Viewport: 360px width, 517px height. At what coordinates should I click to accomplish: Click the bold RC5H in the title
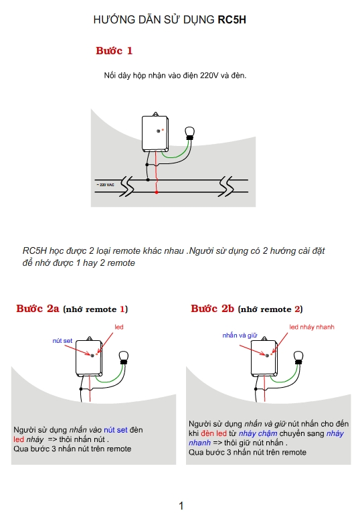(232, 20)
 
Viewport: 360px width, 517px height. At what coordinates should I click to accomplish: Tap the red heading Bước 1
(114, 51)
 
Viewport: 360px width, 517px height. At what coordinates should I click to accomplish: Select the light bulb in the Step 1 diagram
(190, 133)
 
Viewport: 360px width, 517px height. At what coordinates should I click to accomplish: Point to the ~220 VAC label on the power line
(106, 185)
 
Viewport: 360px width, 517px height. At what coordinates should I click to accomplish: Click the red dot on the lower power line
(157, 192)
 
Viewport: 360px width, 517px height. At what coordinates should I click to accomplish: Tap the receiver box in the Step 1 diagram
(155, 132)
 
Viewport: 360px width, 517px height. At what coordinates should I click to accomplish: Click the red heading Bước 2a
(37, 309)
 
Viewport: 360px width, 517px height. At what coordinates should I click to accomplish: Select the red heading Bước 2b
(212, 309)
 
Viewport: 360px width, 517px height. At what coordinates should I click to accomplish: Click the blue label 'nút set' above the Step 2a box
(62, 341)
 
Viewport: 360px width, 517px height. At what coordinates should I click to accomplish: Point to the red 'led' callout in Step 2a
(119, 327)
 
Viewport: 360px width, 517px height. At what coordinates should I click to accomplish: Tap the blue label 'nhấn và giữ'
(240, 336)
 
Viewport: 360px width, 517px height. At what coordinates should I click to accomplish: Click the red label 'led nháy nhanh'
(312, 327)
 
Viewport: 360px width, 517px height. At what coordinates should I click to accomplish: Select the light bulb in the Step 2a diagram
(124, 358)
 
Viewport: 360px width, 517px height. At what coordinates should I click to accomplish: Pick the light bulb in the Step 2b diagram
(298, 358)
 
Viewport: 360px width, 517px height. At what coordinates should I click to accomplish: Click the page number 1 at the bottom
(181, 506)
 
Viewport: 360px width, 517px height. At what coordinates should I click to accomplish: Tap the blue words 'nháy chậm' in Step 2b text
(258, 433)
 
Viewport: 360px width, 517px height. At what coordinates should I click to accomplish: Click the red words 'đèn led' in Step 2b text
(213, 433)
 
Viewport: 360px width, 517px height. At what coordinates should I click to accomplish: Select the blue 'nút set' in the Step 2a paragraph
(116, 430)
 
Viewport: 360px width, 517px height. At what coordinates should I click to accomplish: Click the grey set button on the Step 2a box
(92, 356)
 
